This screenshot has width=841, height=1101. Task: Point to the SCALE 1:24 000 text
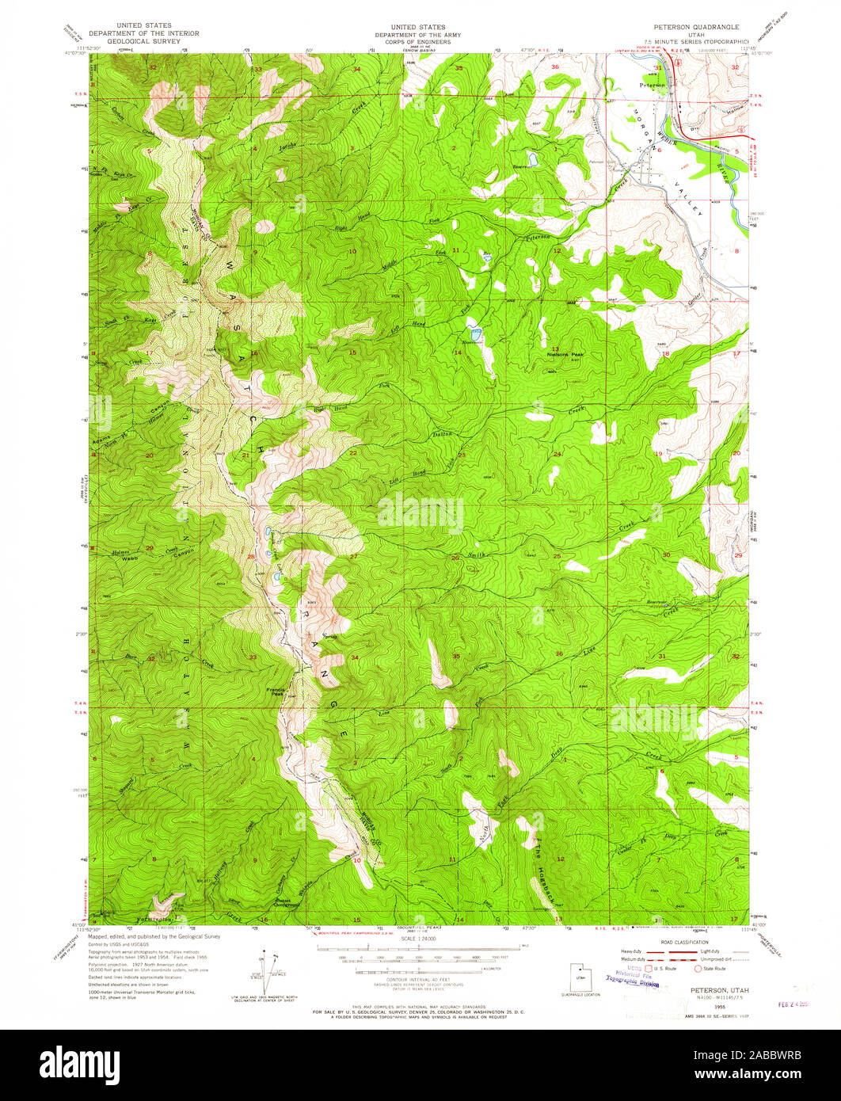[x=420, y=939]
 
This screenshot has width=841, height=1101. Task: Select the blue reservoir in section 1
[x=532, y=158]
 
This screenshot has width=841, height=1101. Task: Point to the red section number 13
[x=556, y=348]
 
